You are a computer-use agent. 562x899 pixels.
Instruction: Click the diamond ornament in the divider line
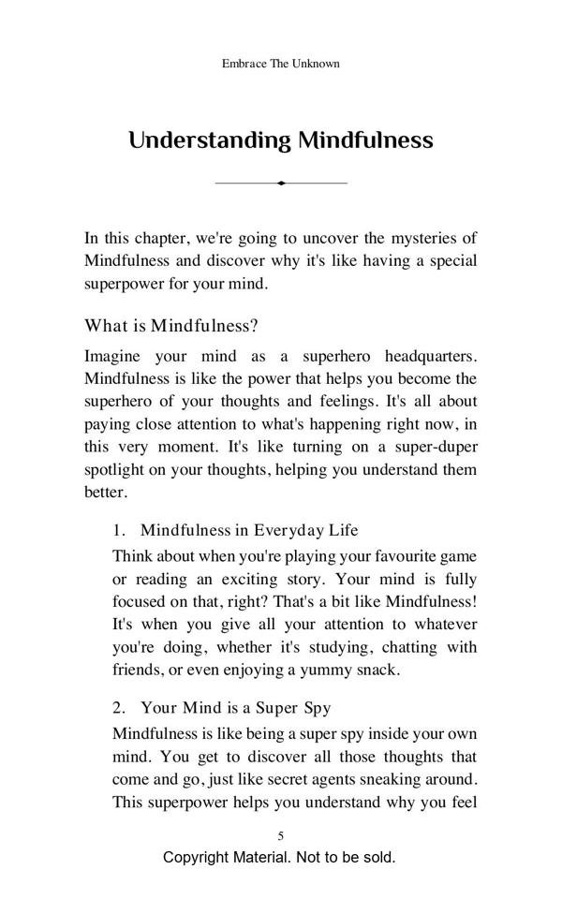click(x=281, y=183)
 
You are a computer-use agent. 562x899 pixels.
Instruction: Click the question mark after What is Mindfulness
click(x=254, y=326)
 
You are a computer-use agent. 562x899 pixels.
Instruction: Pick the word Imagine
click(x=115, y=357)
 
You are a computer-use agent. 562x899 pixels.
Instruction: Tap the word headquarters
click(x=426, y=357)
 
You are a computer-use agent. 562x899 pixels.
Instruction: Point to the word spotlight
click(x=118, y=469)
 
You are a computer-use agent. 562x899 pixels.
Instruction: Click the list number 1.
click(x=118, y=530)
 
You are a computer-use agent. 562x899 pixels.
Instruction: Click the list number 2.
click(x=118, y=708)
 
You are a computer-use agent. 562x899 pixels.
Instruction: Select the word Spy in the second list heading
click(x=317, y=708)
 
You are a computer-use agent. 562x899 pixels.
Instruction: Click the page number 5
click(x=281, y=835)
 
